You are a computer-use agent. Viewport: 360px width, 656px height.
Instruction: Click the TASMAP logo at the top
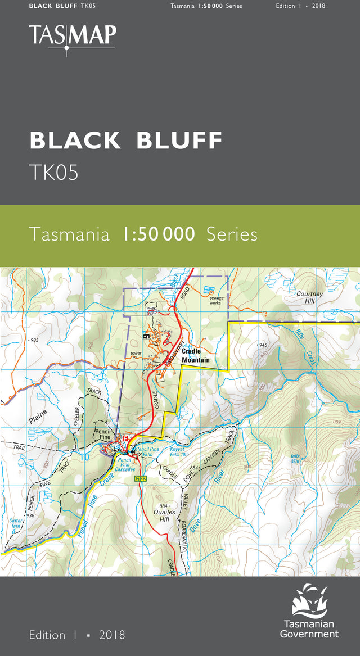[72, 38]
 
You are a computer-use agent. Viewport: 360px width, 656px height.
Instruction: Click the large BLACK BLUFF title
[126, 141]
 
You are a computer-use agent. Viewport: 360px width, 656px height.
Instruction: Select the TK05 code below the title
[54, 173]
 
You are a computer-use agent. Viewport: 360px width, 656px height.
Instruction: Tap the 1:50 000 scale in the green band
[159, 234]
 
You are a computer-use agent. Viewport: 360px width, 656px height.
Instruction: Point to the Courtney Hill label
[310, 297]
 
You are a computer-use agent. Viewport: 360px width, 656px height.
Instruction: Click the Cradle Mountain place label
[195, 356]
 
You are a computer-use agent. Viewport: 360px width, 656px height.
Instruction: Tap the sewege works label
[215, 300]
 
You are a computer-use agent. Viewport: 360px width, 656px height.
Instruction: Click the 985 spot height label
[34, 340]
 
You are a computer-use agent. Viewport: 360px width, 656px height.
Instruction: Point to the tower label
[135, 354]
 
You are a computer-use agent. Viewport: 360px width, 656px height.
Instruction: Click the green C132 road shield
[141, 478]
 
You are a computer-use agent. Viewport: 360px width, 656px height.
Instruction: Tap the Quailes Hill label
[164, 515]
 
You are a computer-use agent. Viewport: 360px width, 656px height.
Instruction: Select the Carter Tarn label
[15, 524]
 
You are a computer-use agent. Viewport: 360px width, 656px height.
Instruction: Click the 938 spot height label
[29, 515]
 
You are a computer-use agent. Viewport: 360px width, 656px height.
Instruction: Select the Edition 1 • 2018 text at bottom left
[77, 635]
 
